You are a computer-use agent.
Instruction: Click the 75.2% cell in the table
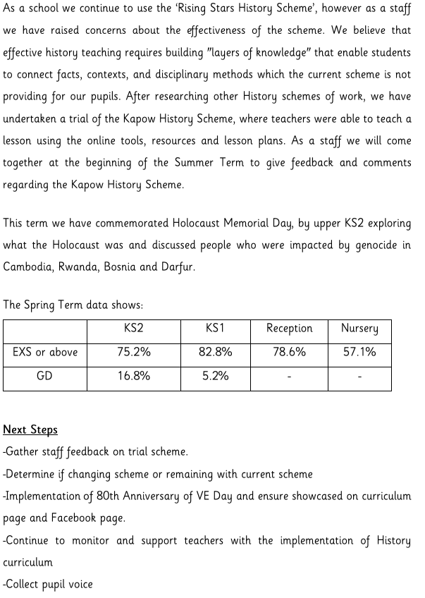coord(134,352)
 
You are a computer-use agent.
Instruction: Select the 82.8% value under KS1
coord(215,352)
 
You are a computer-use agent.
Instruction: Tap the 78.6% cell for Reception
coord(289,352)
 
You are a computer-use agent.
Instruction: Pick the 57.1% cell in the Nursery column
coord(359,352)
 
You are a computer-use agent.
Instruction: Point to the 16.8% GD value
coord(134,376)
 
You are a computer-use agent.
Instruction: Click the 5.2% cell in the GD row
coord(215,376)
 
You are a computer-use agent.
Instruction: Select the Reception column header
coord(289,329)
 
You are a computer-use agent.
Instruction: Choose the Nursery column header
coord(359,329)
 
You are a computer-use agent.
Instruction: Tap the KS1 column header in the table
coord(215,329)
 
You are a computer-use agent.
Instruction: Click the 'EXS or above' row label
coord(45,352)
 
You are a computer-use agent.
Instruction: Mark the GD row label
coord(44,376)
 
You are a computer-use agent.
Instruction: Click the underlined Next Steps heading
coord(30,429)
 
